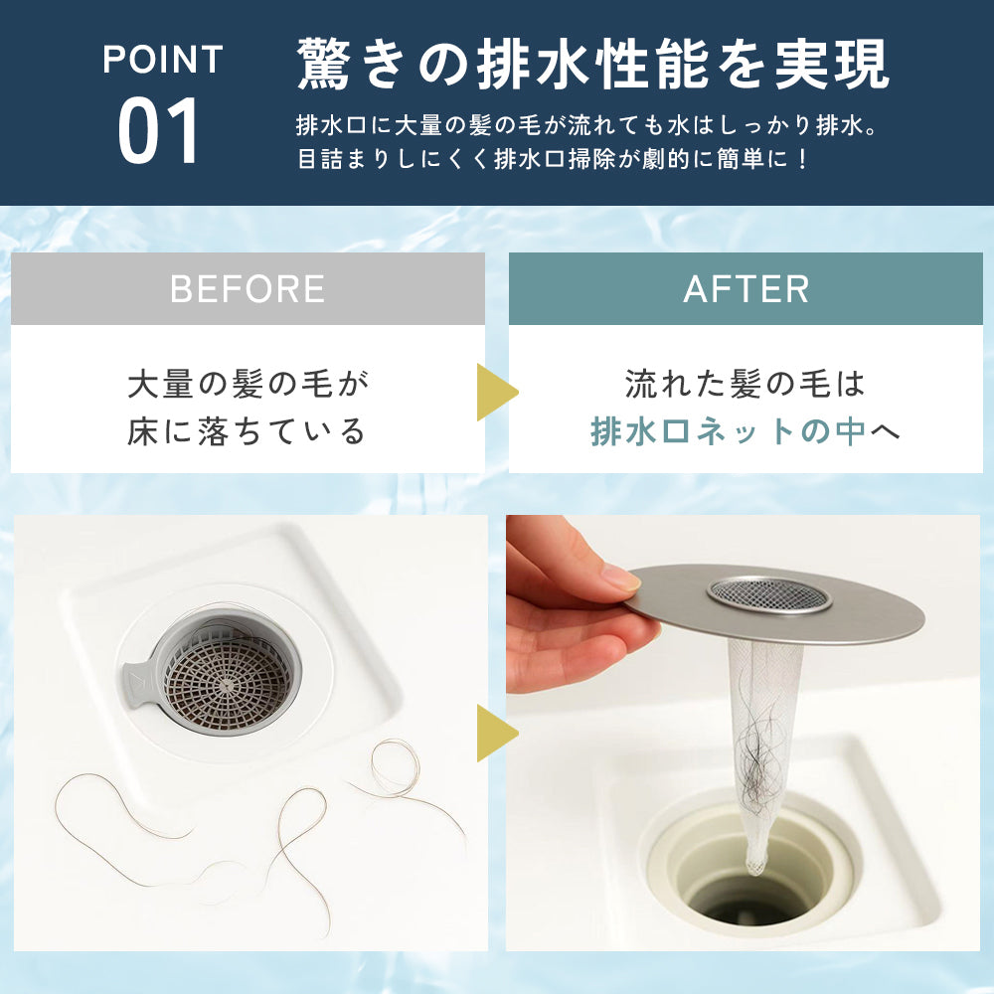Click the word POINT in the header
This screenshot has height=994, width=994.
162,60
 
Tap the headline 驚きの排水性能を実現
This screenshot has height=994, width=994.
593,66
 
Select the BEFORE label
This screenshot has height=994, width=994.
248,289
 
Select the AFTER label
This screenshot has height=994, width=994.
745,289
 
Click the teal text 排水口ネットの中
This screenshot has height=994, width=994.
728,432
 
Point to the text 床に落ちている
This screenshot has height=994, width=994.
248,432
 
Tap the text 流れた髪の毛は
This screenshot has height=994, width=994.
745,384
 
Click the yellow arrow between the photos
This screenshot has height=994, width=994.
495,734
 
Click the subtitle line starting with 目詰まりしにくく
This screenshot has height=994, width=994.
554,159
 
